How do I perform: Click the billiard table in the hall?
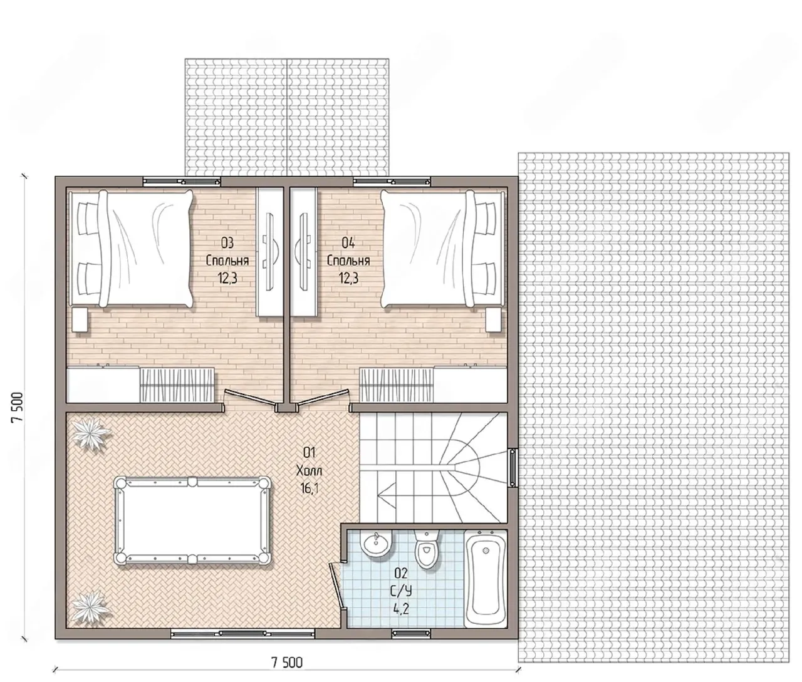pos(192,520)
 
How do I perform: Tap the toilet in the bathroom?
pos(427,549)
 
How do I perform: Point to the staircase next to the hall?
pos(434,468)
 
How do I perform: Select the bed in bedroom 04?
pos(443,248)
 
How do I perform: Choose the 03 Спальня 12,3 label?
pos(227,261)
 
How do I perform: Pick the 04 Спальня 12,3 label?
pos(348,261)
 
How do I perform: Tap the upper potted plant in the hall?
pos(91,434)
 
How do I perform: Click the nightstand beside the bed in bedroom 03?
pos(80,319)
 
